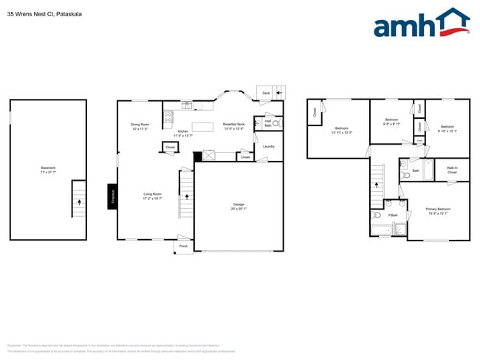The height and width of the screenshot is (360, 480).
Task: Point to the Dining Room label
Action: (x=140, y=126)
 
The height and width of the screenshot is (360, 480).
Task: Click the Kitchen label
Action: (x=182, y=134)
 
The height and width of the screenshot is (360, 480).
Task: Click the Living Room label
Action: (x=153, y=196)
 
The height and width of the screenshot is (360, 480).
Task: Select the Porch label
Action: (x=183, y=246)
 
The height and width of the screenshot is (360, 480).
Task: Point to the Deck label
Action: (x=266, y=94)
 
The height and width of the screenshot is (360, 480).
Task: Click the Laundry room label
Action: (x=268, y=146)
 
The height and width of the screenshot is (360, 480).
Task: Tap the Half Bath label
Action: (x=268, y=123)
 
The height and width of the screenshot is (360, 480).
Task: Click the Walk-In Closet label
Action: (x=451, y=170)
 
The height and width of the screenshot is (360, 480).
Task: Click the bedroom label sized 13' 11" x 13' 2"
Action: (x=341, y=130)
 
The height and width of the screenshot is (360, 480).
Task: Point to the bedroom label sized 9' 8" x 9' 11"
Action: (x=391, y=122)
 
